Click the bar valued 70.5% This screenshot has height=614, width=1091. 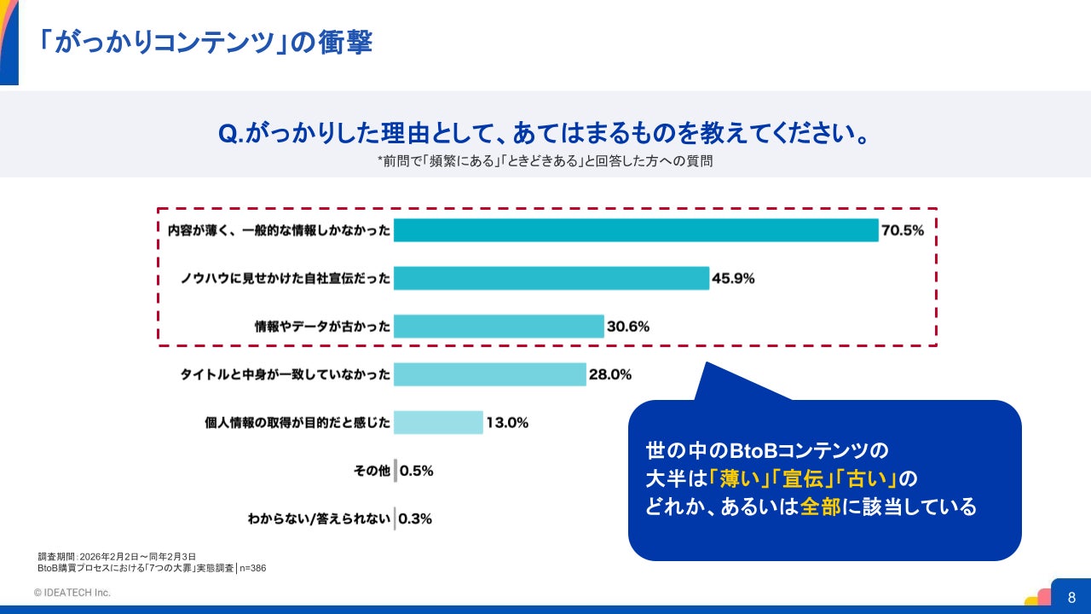[636, 230]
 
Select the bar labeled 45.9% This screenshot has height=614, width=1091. [551, 278]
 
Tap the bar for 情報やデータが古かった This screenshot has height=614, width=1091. [499, 327]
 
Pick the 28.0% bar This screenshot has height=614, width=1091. [490, 374]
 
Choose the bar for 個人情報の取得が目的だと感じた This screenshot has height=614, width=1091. [438, 422]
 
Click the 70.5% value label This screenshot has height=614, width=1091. [903, 230]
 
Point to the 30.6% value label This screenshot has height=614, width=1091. [628, 327]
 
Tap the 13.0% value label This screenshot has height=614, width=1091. [507, 422]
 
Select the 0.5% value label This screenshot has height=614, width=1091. [417, 471]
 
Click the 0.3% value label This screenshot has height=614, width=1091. [415, 518]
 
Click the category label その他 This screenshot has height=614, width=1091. [372, 471]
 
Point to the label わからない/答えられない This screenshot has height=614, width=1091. [319, 518]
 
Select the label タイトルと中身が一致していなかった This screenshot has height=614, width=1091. [286, 374]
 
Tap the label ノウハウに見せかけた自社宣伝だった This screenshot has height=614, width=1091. [286, 278]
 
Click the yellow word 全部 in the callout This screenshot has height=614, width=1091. [821, 507]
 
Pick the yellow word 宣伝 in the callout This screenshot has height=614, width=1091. [803, 478]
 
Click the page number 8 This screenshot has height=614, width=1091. [1071, 598]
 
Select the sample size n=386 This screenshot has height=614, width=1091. [253, 568]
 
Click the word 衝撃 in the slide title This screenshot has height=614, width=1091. [346, 42]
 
